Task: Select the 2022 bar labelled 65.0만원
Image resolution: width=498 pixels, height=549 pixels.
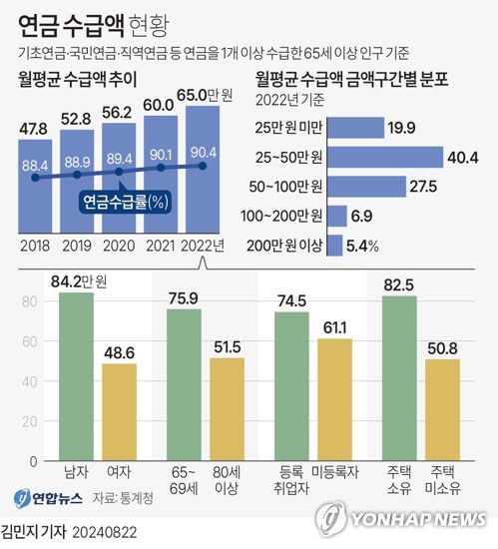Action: (x=205, y=170)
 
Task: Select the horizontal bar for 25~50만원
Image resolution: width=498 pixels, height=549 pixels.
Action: (x=384, y=158)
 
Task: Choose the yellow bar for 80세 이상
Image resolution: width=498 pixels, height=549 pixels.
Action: (x=227, y=409)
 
